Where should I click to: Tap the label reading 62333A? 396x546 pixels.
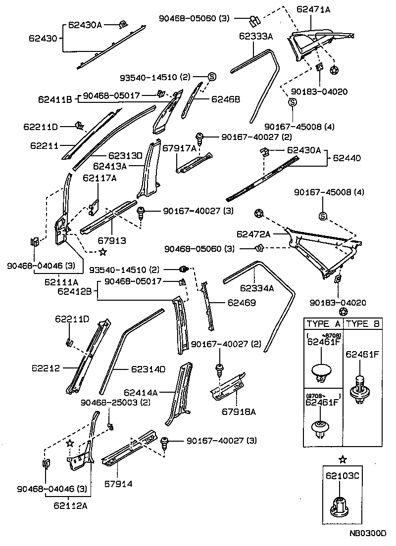click(256, 36)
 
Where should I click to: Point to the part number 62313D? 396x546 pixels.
click(125, 155)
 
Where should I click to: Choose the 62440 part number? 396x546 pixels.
click(346, 158)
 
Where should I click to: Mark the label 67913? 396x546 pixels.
click(111, 240)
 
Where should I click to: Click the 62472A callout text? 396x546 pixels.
click(253, 233)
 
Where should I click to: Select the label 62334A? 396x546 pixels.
click(257, 288)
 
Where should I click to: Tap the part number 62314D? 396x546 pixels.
click(148, 368)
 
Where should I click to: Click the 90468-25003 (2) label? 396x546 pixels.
click(115, 402)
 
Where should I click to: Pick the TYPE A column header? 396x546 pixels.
click(324, 324)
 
